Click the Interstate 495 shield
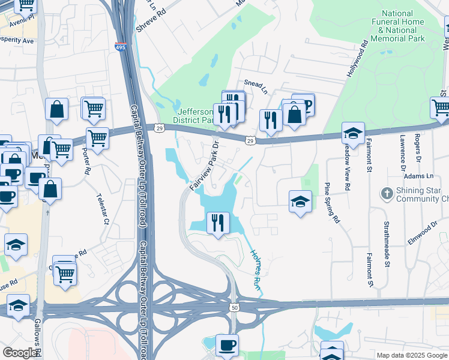pyautogui.click(x=121, y=47)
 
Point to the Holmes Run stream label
pyautogui.click(x=255, y=271)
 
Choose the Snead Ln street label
pyautogui.click(x=255, y=85)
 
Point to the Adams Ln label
pyautogui.click(x=418, y=176)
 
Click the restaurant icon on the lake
pyautogui.click(x=218, y=223)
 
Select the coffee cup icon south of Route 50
pyautogui.click(x=227, y=345)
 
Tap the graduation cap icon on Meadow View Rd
pyautogui.click(x=354, y=133)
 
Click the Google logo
pyautogui.click(x=20, y=353)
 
